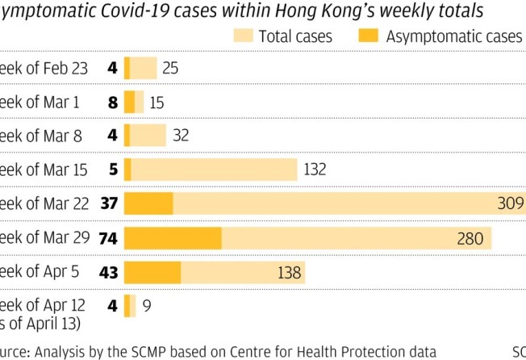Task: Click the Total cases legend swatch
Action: tap(243, 36)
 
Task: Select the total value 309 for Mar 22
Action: tap(511, 204)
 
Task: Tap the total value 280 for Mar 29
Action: tap(470, 238)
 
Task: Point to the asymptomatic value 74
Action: tap(109, 238)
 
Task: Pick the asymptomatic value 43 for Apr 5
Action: tap(109, 273)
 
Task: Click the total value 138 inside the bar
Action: tap(289, 273)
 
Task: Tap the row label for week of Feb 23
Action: tap(44, 69)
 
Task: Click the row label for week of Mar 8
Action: tap(40, 136)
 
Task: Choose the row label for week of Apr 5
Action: tap(40, 272)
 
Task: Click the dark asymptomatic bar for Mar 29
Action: tap(173, 238)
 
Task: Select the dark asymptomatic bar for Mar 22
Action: tap(148, 204)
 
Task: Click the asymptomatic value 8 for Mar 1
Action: tap(112, 103)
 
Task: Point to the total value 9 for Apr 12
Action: tap(146, 306)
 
